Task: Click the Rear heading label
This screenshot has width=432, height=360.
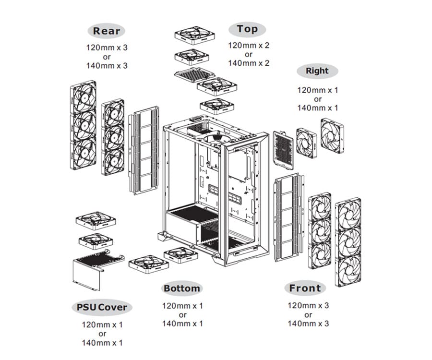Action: pyautogui.click(x=107, y=31)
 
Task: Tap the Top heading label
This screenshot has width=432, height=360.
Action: pyautogui.click(x=248, y=29)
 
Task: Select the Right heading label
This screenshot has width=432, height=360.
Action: pyautogui.click(x=317, y=71)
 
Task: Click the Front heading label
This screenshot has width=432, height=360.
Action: pyautogui.click(x=305, y=288)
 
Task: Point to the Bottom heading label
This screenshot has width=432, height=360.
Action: pyautogui.click(x=182, y=288)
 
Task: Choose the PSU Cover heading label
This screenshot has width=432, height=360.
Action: pyautogui.click(x=102, y=307)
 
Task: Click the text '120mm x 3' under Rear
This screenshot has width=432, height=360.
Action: pyautogui.click(x=107, y=48)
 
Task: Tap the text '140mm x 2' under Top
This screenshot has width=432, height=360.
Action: pyautogui.click(x=248, y=63)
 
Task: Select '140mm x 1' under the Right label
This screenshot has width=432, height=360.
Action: pyautogui.click(x=317, y=108)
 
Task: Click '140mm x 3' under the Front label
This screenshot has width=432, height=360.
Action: pyautogui.click(x=308, y=324)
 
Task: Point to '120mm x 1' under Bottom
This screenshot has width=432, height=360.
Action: pyautogui.click(x=182, y=306)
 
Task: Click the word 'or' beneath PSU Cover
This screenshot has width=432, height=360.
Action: pyautogui.click(x=102, y=334)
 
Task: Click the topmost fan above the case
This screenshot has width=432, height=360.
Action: pyautogui.click(x=195, y=36)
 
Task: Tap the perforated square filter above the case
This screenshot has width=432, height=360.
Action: pyautogui.click(x=193, y=75)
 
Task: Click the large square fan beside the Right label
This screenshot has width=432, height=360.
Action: pyautogui.click(x=332, y=136)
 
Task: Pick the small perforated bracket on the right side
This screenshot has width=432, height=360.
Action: pyautogui.click(x=283, y=150)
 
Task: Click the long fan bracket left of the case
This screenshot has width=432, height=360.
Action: pyautogui.click(x=144, y=150)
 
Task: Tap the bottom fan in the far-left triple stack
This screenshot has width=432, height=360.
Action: pyautogui.click(x=83, y=153)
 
